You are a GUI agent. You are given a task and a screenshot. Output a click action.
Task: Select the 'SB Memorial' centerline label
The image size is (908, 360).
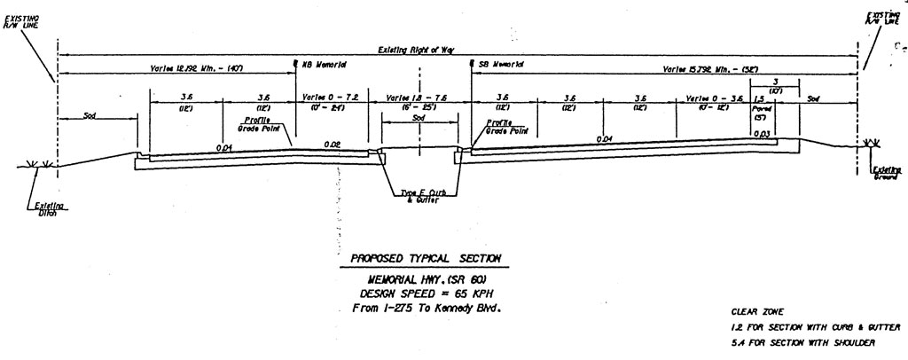click(x=501, y=65)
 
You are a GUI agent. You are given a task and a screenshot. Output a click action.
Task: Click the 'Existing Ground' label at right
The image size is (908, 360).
click(x=884, y=173)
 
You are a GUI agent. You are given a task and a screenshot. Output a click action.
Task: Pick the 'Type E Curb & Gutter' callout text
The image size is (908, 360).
click(x=419, y=197)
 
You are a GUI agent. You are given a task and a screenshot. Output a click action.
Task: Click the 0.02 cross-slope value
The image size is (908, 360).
click(x=333, y=144)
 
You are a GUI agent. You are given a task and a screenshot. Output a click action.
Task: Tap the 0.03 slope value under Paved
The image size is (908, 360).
click(x=761, y=134)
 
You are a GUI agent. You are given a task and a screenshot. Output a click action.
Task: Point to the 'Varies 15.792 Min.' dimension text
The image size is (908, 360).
click(x=710, y=68)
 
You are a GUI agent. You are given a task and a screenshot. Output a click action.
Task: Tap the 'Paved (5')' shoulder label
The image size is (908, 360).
click(x=761, y=113)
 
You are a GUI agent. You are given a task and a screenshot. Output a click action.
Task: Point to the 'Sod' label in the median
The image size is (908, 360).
click(x=419, y=117)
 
